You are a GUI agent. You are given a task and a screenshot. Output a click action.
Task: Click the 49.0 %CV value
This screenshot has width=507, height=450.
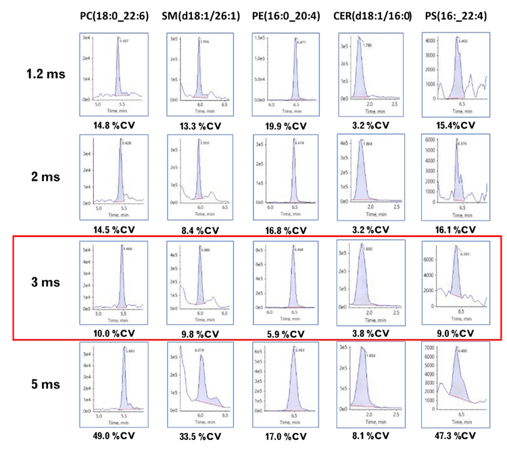(112, 434)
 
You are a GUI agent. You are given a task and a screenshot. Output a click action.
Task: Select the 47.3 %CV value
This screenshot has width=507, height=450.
(453, 434)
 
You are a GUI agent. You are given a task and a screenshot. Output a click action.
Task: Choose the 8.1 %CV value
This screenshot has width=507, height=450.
(371, 434)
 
